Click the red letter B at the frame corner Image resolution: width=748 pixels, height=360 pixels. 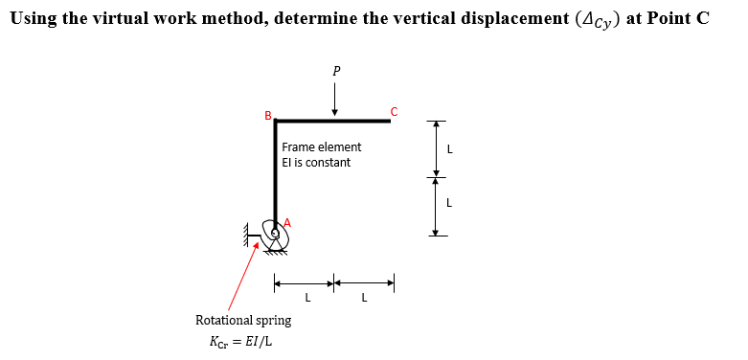[268, 116]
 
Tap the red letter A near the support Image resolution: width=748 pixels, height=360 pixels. [285, 222]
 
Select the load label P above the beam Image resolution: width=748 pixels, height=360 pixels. [335, 71]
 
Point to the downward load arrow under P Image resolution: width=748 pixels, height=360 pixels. [335, 98]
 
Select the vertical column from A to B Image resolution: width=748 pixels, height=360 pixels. [276, 172]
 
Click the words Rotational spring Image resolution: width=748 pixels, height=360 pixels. [243, 320]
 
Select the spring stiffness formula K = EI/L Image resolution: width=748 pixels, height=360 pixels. [240, 341]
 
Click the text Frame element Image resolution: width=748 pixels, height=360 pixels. [322, 147]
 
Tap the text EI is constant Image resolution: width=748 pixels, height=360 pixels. [316, 163]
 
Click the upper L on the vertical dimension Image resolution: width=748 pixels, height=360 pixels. [449, 148]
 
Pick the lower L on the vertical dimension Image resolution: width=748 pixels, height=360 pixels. [449, 203]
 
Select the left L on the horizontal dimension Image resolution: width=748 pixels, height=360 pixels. [306, 297]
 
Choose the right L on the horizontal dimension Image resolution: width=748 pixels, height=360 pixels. [364, 297]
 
